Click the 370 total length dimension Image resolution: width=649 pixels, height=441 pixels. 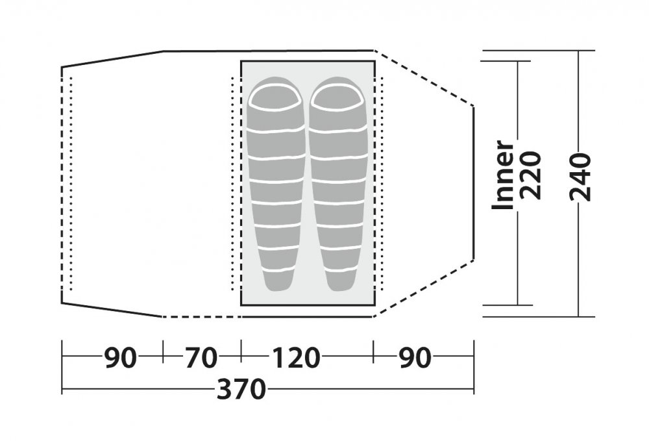point(241,390)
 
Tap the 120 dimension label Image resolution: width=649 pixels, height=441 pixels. point(296,357)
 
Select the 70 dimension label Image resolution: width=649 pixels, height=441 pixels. point(201,358)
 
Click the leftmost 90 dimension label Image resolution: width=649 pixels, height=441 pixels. point(120,358)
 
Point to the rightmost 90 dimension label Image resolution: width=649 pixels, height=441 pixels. point(415,357)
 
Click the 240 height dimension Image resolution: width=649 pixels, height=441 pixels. point(580,177)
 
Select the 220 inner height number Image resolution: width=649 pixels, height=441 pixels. point(531,175)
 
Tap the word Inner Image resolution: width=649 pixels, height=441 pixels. point(502,175)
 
